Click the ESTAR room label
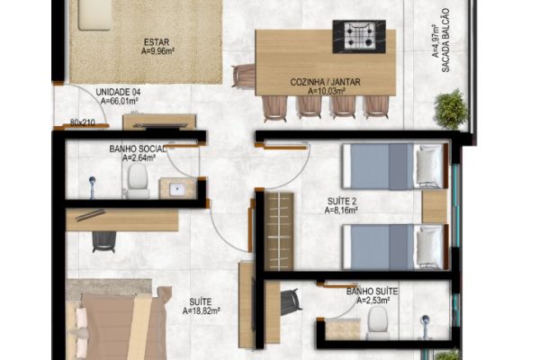pyautogui.click(x=157, y=42)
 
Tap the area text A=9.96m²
pyautogui.click(x=157, y=51)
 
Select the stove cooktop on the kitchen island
pyautogui.click(x=359, y=37)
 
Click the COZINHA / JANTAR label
pyautogui.click(x=325, y=82)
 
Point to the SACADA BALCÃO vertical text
pyautogui.click(x=445, y=40)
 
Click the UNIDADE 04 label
pyautogui.click(x=118, y=93)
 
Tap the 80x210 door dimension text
pyautogui.click(x=83, y=122)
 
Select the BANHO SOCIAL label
pyautogui.click(x=138, y=149)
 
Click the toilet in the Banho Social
pyautogui.click(x=138, y=181)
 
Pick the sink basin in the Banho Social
pyautogui.click(x=177, y=189)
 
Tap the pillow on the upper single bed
pyautogui.click(x=428, y=166)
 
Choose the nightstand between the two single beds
pyautogui.click(x=435, y=206)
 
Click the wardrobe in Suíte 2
pyautogui.click(x=279, y=231)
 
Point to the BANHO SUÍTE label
pyautogui.click(x=372, y=292)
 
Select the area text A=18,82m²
pyautogui.click(x=201, y=311)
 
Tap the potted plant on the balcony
pyautogui.click(x=451, y=109)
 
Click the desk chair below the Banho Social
pyautogui.click(x=103, y=241)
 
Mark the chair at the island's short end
pyautogui.click(x=244, y=76)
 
